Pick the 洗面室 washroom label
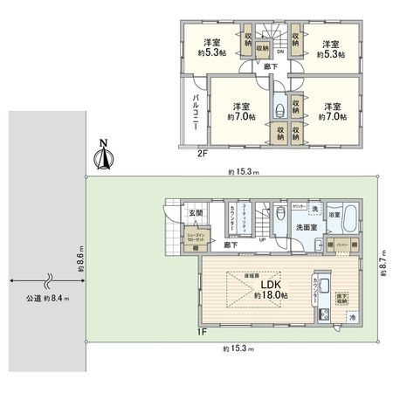305,230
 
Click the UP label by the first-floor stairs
261,241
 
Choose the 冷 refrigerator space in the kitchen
352,319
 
